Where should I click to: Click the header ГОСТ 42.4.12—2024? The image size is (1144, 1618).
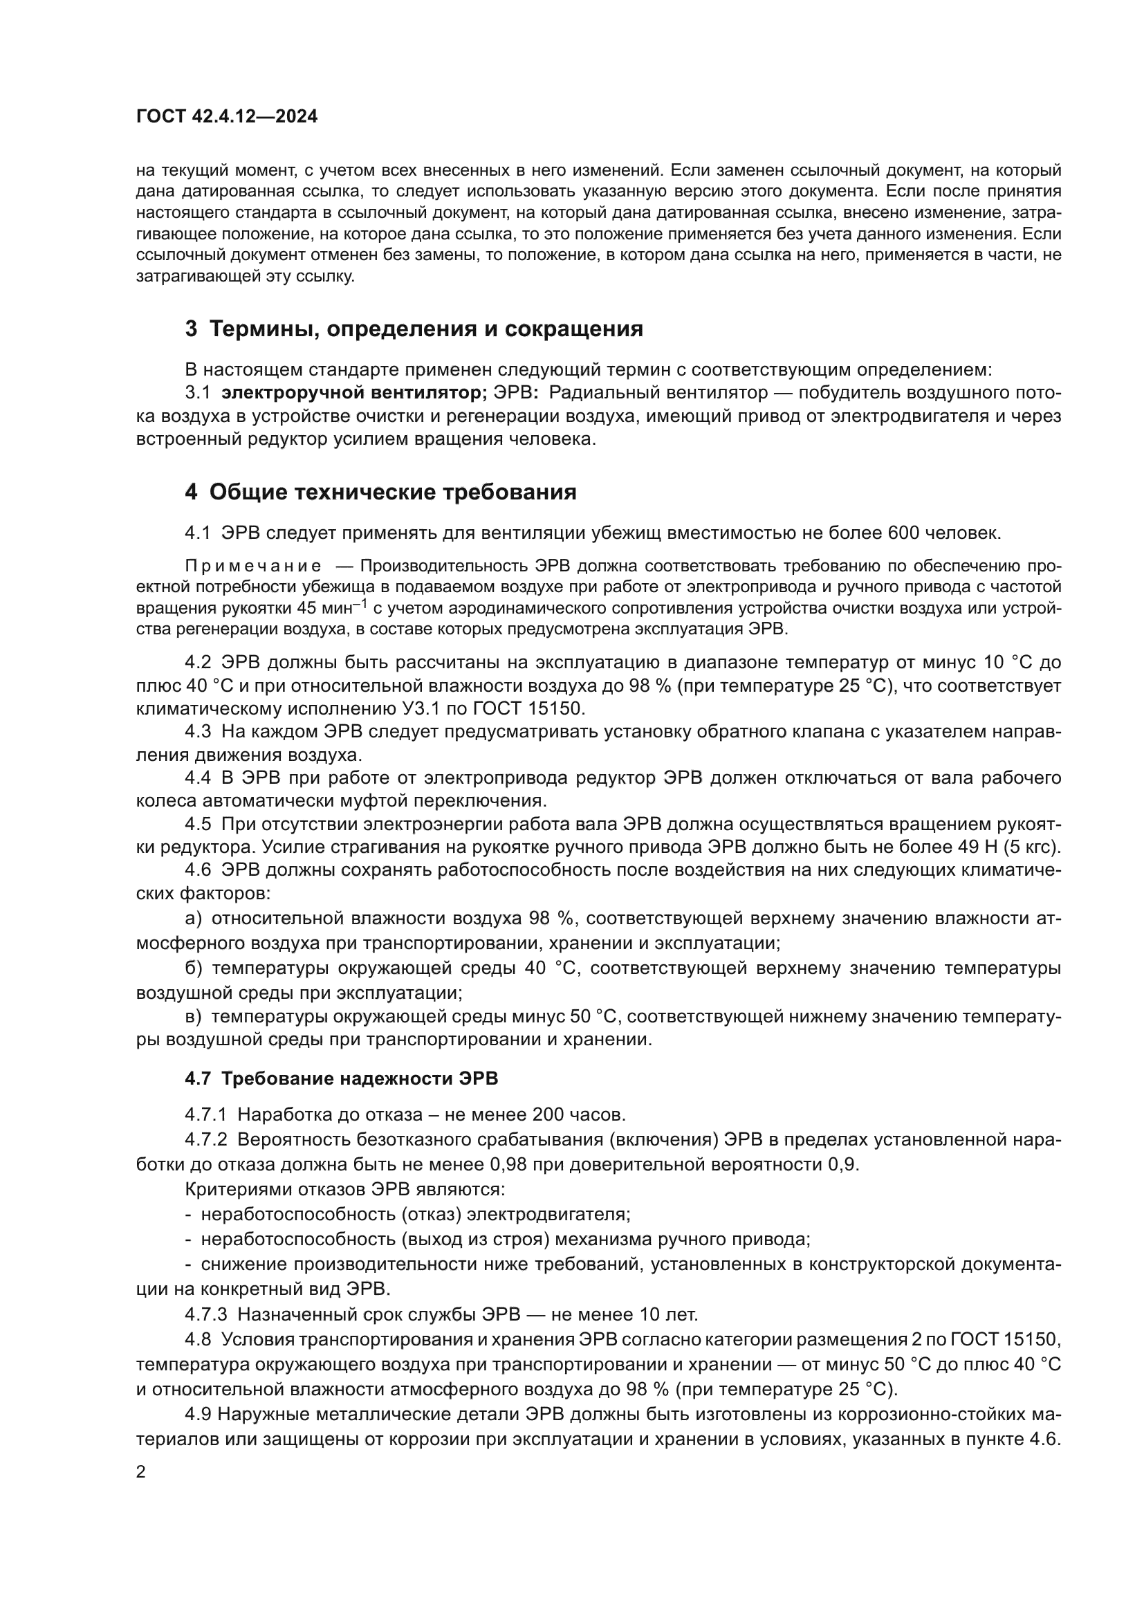227,116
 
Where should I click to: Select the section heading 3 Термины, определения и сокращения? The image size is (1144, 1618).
414,329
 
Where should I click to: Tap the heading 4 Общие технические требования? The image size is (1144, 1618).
380,492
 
